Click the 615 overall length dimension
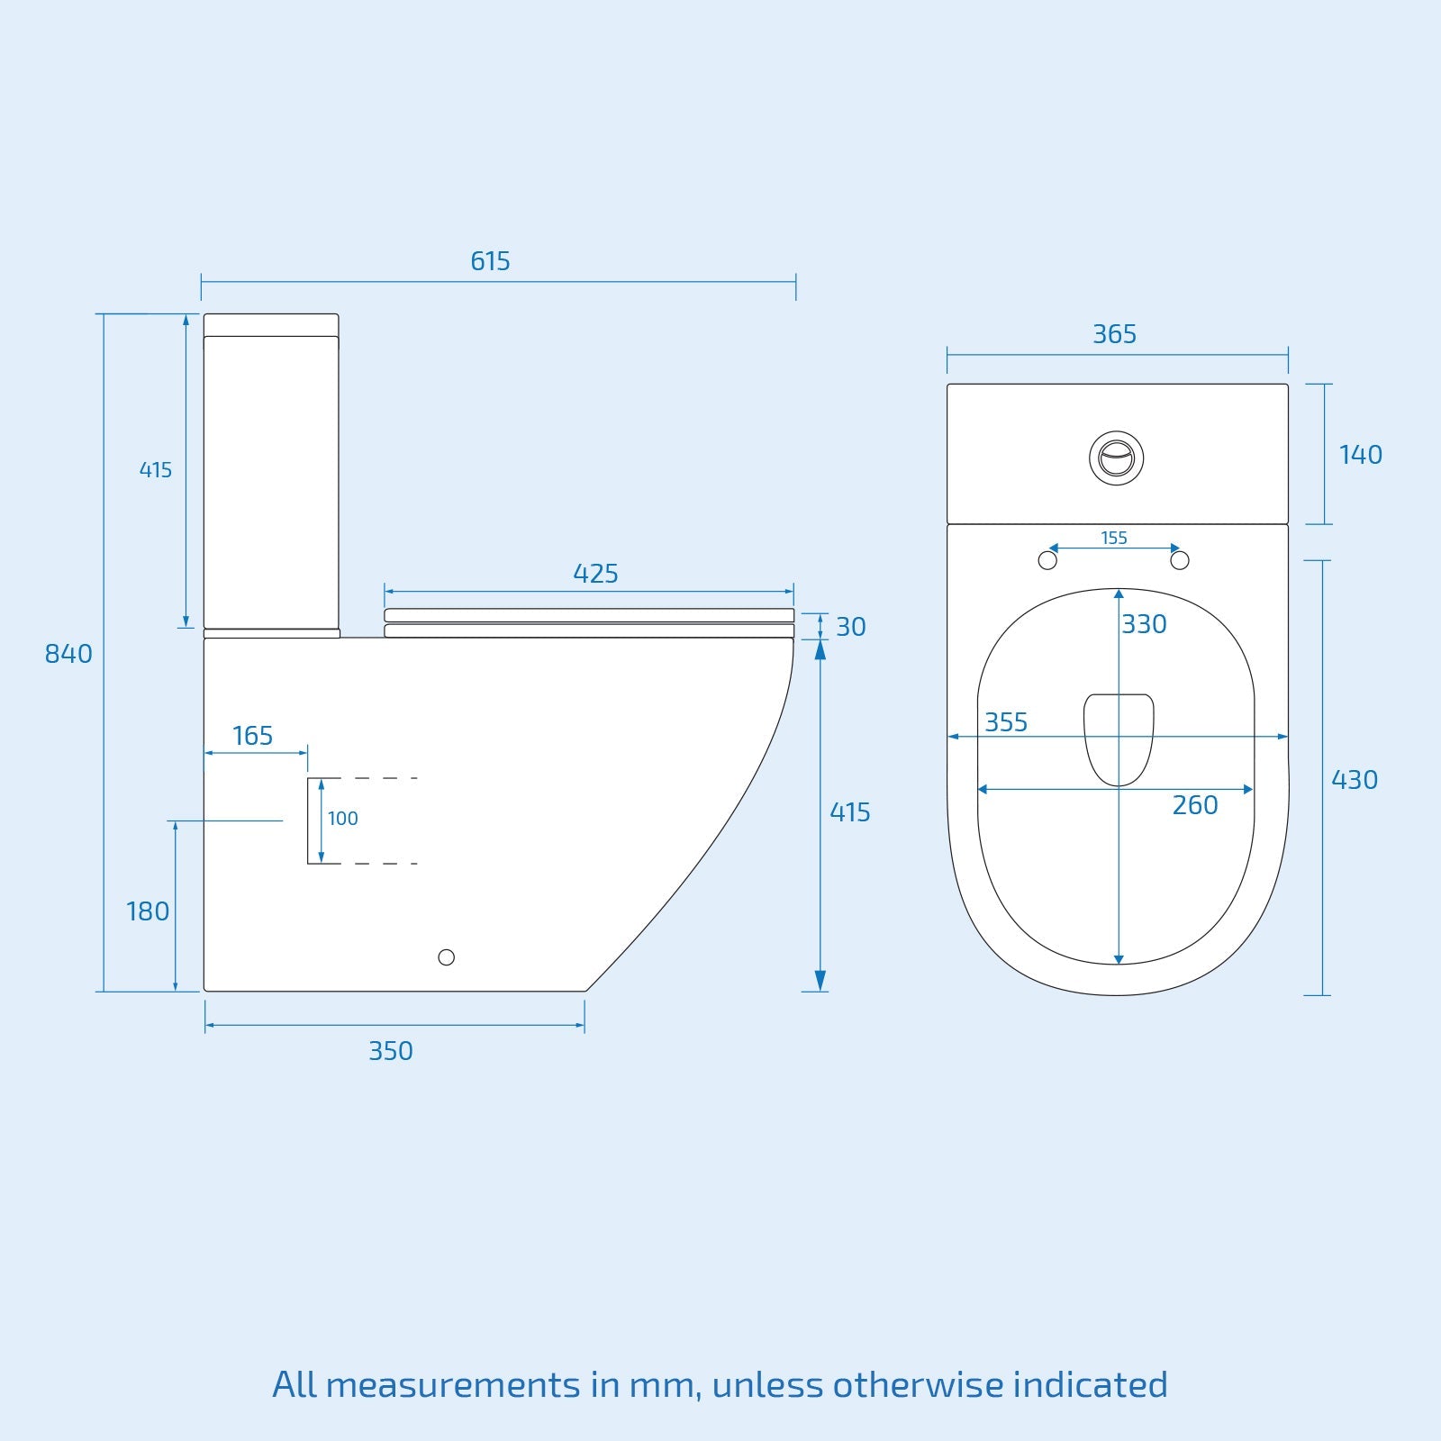click(490, 261)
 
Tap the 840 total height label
click(68, 654)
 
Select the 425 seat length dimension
click(595, 574)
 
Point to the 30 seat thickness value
click(850, 627)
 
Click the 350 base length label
click(391, 1051)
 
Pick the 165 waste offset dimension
click(252, 736)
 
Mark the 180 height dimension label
click(148, 911)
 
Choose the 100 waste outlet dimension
click(342, 819)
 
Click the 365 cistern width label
click(1114, 334)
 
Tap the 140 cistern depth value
click(1360, 455)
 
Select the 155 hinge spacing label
click(1114, 538)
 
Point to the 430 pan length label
click(1355, 780)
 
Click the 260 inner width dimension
click(1194, 805)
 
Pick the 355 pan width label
click(1006, 722)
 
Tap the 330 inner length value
click(1144, 624)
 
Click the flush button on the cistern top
click(1116, 458)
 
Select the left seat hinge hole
click(1047, 560)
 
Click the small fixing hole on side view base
click(446, 957)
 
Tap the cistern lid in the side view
click(271, 324)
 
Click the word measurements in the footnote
click(453, 1385)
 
